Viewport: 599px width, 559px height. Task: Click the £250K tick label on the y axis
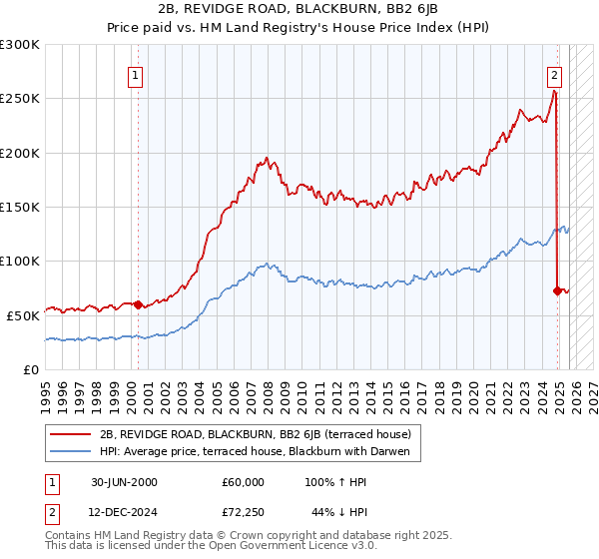[20, 99]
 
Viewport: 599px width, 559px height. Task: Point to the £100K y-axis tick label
[20, 261]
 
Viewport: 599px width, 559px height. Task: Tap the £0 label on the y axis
[32, 369]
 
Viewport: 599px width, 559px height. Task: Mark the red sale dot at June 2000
[138, 304]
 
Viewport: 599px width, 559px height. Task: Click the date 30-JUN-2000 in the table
[123, 482]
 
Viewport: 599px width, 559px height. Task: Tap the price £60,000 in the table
[244, 482]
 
